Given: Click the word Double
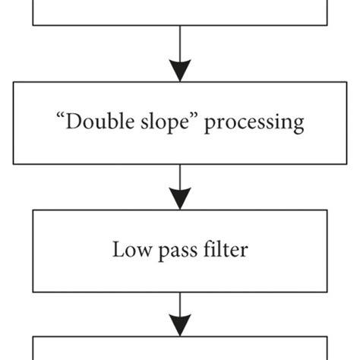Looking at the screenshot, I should [x=96, y=122].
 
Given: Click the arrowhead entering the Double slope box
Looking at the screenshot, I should [x=180, y=71].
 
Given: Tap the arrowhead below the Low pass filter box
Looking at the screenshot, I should [x=180, y=326].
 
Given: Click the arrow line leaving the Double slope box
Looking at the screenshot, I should [x=180, y=176].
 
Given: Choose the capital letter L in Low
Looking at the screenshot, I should [x=118, y=249].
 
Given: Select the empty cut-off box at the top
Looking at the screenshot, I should [x=180, y=11].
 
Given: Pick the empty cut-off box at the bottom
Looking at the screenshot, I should [x=180, y=349].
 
